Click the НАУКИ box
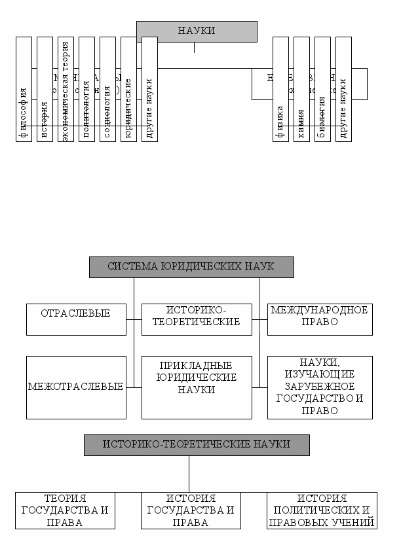(197, 31)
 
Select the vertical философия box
(24, 89)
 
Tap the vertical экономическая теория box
(66, 89)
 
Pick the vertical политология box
(86, 89)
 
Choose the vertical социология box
(107, 89)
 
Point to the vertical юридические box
(128, 89)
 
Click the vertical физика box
(280, 89)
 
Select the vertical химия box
(301, 89)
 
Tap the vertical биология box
(322, 89)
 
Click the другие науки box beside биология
(343, 89)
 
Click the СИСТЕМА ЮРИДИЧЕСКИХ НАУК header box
(191, 267)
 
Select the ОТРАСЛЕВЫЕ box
(76, 319)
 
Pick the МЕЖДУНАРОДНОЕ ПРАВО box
(320, 319)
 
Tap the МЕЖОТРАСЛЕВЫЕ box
(76, 387)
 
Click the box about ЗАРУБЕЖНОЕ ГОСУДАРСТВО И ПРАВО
(320, 387)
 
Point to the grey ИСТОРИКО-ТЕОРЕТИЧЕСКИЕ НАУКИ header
(197, 445)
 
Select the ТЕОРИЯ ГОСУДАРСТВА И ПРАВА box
(65, 510)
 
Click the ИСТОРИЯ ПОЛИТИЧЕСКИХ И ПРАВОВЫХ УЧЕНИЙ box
(322, 510)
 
